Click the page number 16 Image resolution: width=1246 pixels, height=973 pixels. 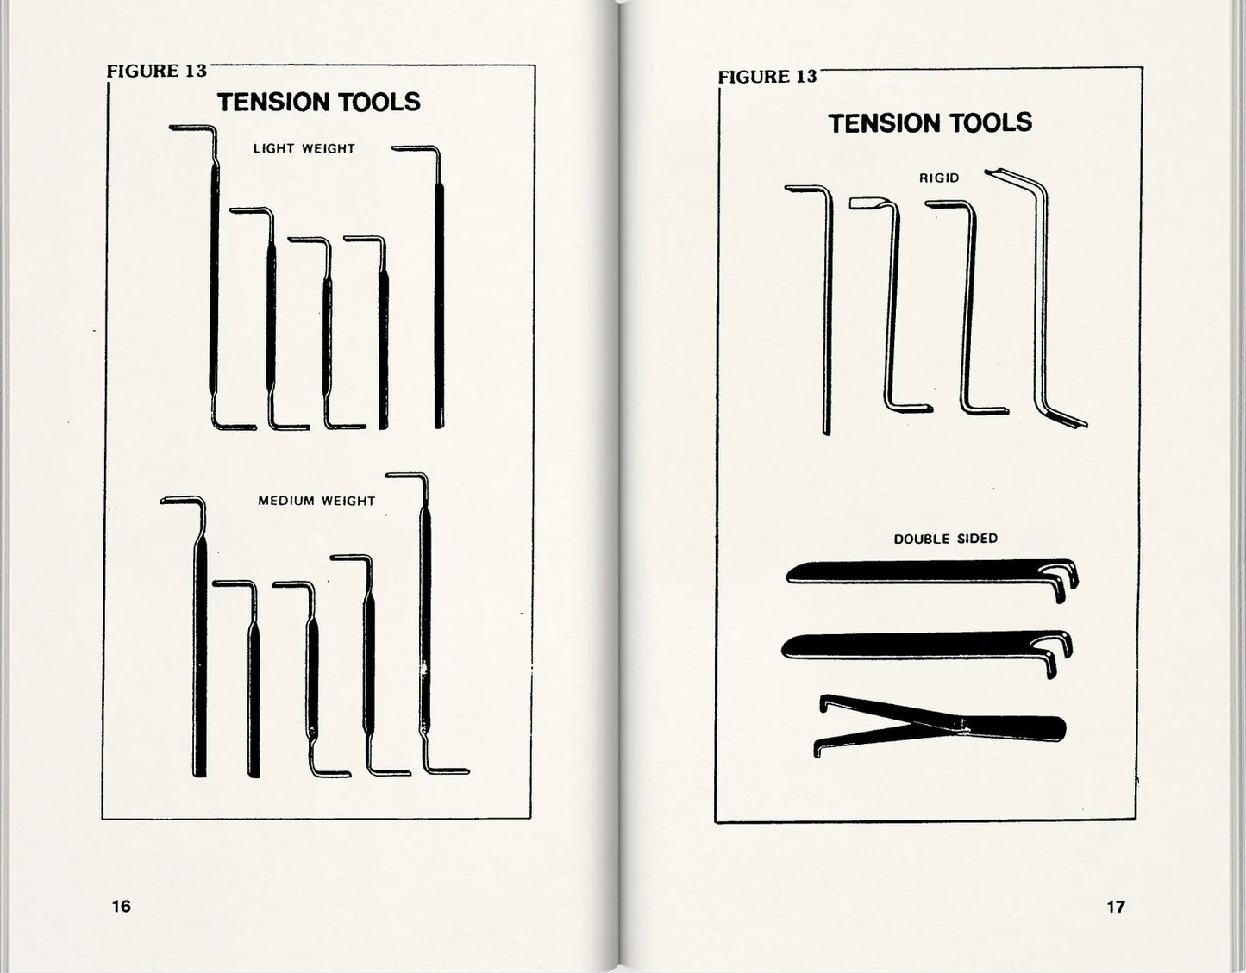tap(121, 906)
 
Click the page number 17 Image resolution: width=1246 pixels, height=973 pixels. tap(1116, 907)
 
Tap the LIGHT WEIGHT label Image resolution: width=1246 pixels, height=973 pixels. tap(304, 148)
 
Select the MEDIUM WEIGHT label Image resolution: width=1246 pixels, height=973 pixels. tap(316, 501)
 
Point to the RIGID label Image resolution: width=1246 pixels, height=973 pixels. tap(939, 178)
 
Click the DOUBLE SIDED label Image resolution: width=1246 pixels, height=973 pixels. tap(946, 539)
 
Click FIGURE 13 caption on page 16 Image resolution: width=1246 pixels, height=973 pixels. tap(157, 71)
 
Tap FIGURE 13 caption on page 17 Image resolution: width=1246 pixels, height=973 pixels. tap(767, 77)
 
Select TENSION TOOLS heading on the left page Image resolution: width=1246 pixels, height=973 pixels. tap(319, 103)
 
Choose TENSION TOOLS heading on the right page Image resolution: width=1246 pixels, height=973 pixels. tap(930, 123)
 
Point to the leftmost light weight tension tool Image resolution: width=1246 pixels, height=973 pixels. tap(215, 275)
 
